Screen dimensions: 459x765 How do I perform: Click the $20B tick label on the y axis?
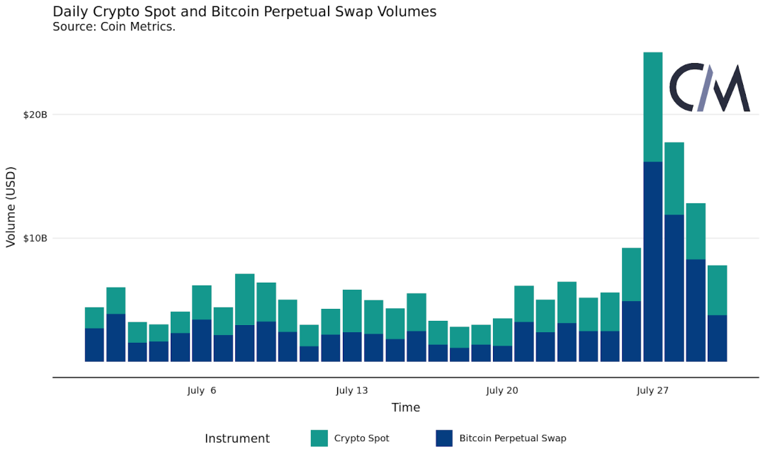(35, 115)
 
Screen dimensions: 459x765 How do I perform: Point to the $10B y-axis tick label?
(35, 238)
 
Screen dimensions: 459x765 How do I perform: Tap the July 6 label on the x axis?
(202, 390)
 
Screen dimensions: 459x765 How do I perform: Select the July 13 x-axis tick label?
(352, 390)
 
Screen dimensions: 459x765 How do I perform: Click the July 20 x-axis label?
(502, 390)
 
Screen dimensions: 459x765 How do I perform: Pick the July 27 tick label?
(652, 390)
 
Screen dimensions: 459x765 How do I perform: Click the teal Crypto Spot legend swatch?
(319, 438)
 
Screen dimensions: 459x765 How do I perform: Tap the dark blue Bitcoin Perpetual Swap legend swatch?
(444, 438)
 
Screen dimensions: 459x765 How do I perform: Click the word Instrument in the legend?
(237, 438)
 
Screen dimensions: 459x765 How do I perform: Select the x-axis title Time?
(406, 408)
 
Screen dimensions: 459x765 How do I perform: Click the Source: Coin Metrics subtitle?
(114, 27)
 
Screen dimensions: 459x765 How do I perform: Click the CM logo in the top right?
(709, 88)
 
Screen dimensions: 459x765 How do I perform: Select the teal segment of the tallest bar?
(652, 106)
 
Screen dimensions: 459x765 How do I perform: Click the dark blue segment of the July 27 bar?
(652, 262)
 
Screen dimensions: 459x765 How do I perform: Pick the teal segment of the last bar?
(717, 290)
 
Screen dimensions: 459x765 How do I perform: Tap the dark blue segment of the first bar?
(94, 345)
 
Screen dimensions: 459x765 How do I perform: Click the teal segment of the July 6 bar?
(202, 302)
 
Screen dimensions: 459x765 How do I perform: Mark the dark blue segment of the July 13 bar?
(352, 347)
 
